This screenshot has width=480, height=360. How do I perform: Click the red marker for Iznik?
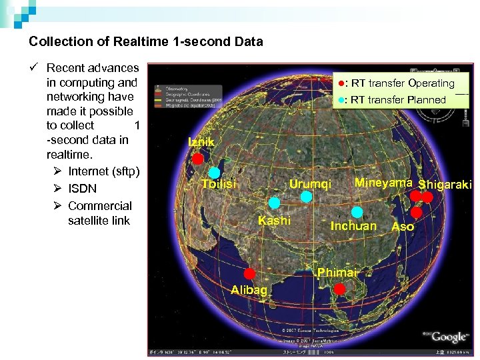198,159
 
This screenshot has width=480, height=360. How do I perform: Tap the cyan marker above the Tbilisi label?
214,173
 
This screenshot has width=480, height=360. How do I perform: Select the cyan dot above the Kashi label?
274,203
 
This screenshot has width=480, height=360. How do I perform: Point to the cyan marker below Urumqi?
306,197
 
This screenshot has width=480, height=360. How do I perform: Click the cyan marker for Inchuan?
357,212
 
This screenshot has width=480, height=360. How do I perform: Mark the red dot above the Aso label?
417,212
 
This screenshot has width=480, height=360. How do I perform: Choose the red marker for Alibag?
249,273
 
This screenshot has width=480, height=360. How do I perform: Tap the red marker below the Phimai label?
339,289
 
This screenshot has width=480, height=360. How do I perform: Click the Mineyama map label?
383,183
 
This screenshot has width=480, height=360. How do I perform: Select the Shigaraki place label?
445,185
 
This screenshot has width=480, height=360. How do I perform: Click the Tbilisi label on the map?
219,184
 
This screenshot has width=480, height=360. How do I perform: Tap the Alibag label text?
249,290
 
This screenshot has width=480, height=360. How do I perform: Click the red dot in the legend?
340,83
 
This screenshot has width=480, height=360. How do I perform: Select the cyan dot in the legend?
340,100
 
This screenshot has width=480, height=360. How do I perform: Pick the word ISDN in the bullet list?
82,189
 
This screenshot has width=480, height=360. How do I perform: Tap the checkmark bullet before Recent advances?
33,68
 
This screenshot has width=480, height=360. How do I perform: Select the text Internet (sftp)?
103,171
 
